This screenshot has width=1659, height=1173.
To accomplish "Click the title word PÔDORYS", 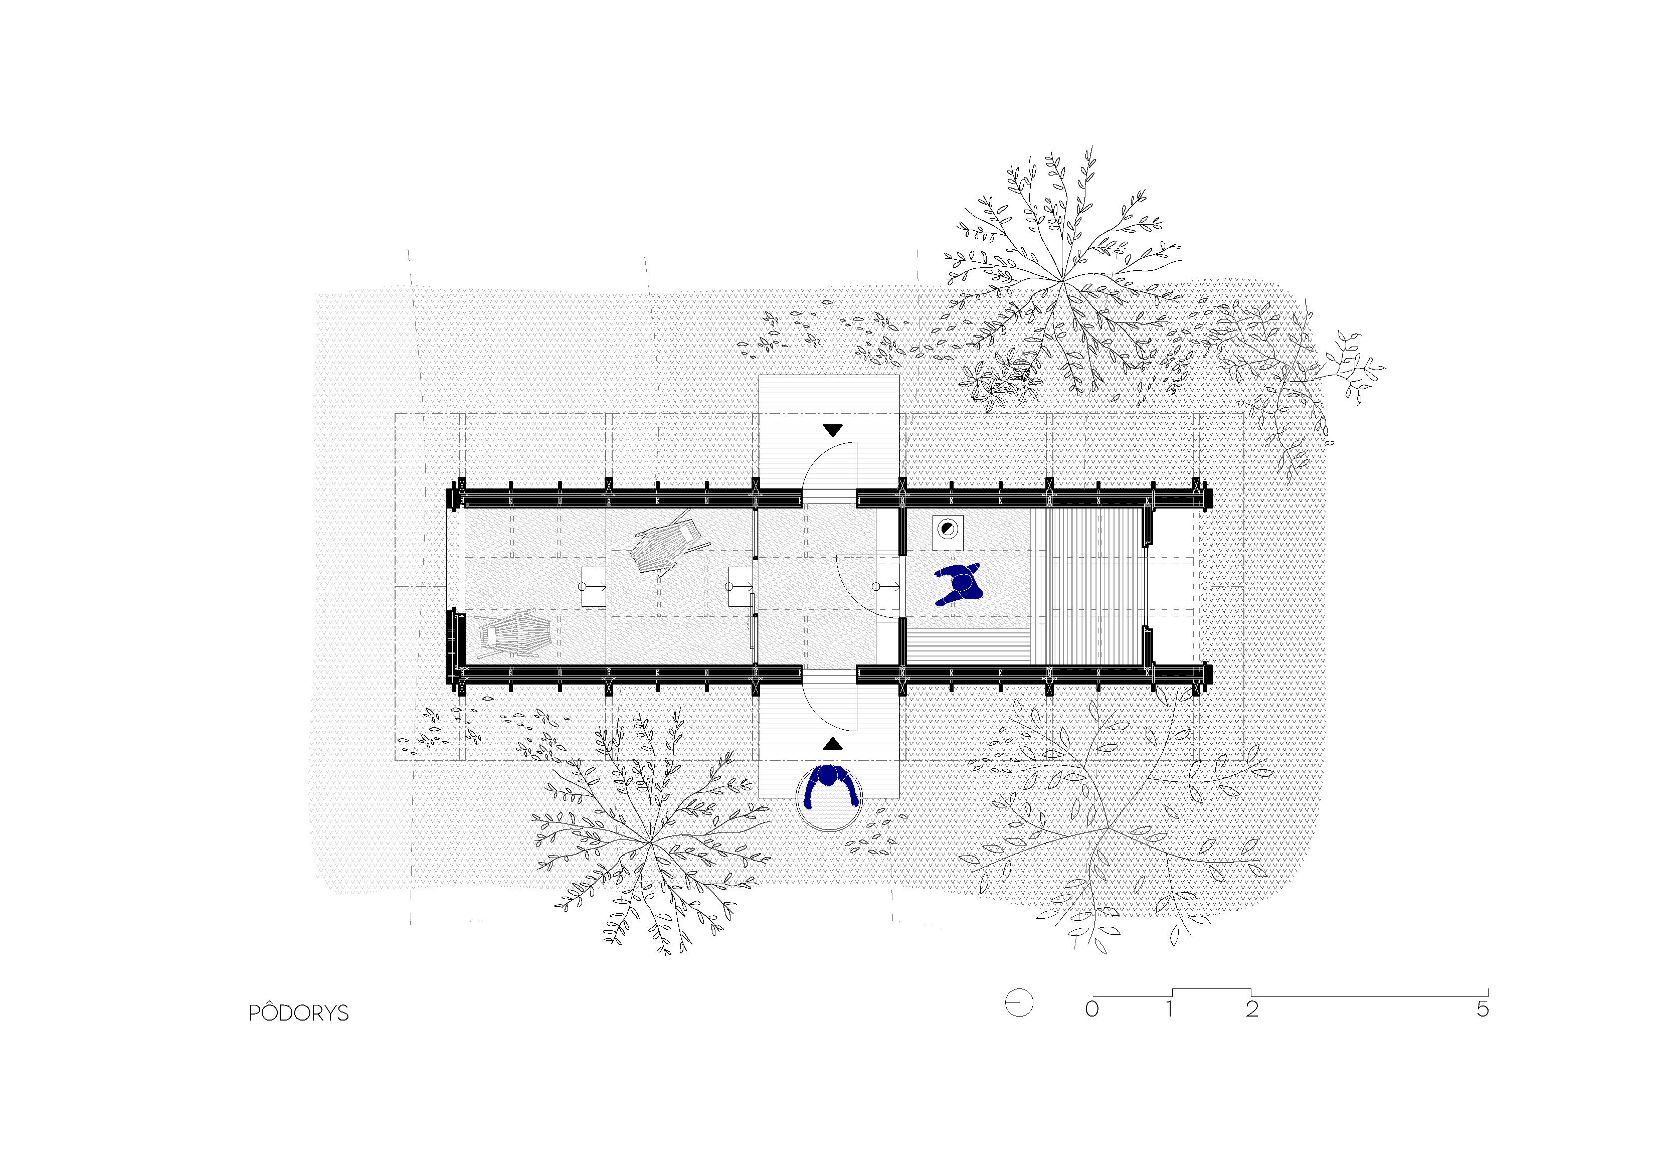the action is pos(298,1012).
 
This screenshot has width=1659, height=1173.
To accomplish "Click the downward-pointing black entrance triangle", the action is pos(833,430).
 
